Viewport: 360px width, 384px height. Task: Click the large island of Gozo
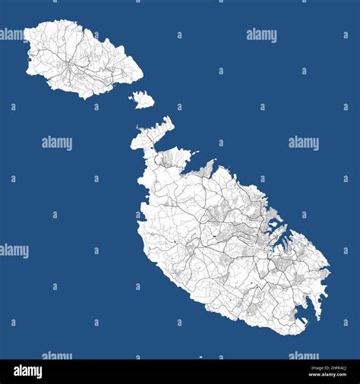pyautogui.click(x=80, y=59)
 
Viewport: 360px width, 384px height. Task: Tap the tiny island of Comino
pyautogui.click(x=142, y=99)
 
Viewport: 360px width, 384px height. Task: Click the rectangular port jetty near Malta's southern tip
pyautogui.click(x=302, y=322)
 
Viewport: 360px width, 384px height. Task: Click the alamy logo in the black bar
pyautogui.click(x=28, y=371)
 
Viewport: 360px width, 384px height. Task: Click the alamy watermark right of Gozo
pyautogui.click(x=261, y=35)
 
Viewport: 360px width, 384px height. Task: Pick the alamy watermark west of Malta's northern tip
pyautogui.click(x=57, y=143)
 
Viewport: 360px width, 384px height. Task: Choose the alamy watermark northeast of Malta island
pyautogui.click(x=304, y=142)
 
